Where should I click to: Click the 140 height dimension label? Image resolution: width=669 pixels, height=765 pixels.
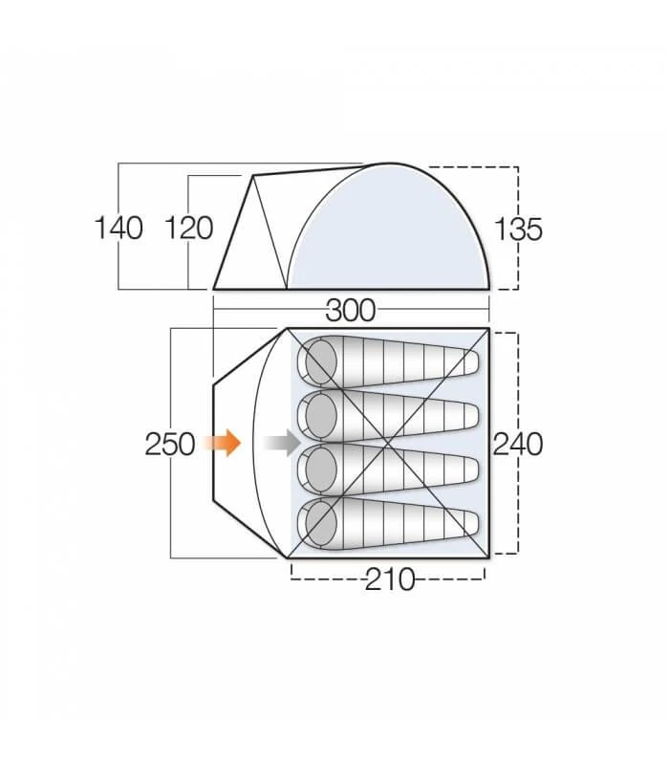point(119,229)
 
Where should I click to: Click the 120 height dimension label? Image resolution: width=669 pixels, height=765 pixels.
point(188,229)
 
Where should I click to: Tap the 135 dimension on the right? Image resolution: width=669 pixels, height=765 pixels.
point(518,229)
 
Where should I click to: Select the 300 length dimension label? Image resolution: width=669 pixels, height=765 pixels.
point(351,310)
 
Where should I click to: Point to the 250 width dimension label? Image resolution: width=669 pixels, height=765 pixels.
point(170,444)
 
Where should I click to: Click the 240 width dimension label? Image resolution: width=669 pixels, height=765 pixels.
point(518,444)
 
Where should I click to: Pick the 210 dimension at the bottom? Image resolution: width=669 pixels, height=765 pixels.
point(389,579)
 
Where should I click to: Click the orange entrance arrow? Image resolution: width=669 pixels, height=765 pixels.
point(226,443)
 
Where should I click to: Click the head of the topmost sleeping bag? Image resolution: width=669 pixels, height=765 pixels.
point(318,362)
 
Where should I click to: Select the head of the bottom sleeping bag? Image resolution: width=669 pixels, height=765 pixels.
point(318,523)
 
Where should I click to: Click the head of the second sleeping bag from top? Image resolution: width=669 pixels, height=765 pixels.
point(318,416)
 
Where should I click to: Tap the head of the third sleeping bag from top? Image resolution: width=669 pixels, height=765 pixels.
point(318,470)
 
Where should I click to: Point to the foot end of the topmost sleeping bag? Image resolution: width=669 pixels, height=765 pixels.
point(469,362)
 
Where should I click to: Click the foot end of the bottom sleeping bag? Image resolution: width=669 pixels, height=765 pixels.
point(469,523)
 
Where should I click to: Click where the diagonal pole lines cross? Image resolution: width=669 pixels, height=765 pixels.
point(390,443)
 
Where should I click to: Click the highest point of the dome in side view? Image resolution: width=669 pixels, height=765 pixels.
point(390,164)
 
